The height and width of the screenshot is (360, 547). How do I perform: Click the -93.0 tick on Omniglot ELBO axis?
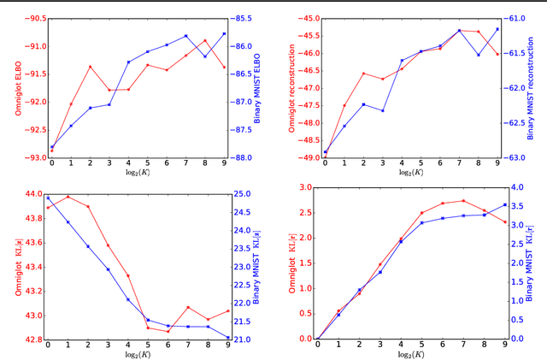(x=31, y=157)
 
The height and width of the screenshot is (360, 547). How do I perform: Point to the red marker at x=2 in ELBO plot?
(x=90, y=67)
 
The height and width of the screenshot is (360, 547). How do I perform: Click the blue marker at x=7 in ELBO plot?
(x=186, y=36)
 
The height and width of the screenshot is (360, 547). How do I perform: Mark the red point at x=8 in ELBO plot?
(x=205, y=40)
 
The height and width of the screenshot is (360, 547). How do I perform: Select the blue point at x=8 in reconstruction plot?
(x=478, y=55)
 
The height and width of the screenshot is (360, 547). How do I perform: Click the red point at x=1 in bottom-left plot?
(x=68, y=197)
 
